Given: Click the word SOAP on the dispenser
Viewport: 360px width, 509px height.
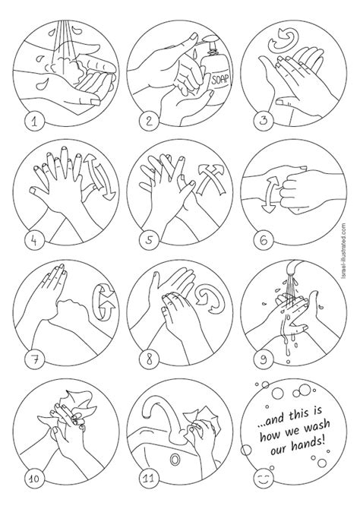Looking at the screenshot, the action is click(x=220, y=79).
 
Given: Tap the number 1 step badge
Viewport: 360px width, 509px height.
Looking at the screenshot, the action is click(x=34, y=122).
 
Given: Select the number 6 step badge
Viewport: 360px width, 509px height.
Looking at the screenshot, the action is click(x=264, y=241).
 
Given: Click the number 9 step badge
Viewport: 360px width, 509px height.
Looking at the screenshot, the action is click(x=264, y=359).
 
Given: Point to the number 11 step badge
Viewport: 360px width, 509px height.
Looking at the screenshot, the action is click(x=149, y=478).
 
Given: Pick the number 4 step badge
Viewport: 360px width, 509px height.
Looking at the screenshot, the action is click(x=34, y=241).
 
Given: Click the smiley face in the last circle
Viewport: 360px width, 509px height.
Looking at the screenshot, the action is click(x=264, y=478).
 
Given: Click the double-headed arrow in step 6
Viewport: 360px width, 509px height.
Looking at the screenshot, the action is click(x=270, y=194).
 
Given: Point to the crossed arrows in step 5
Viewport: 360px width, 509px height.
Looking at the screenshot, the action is click(x=210, y=179).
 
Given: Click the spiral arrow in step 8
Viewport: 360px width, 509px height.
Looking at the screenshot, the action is click(x=210, y=299).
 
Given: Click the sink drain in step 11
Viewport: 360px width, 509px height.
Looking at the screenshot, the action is click(x=175, y=460).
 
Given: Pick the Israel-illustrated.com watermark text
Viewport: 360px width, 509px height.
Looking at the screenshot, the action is click(x=344, y=250).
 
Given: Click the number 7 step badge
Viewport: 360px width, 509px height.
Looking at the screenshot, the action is click(x=34, y=359).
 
